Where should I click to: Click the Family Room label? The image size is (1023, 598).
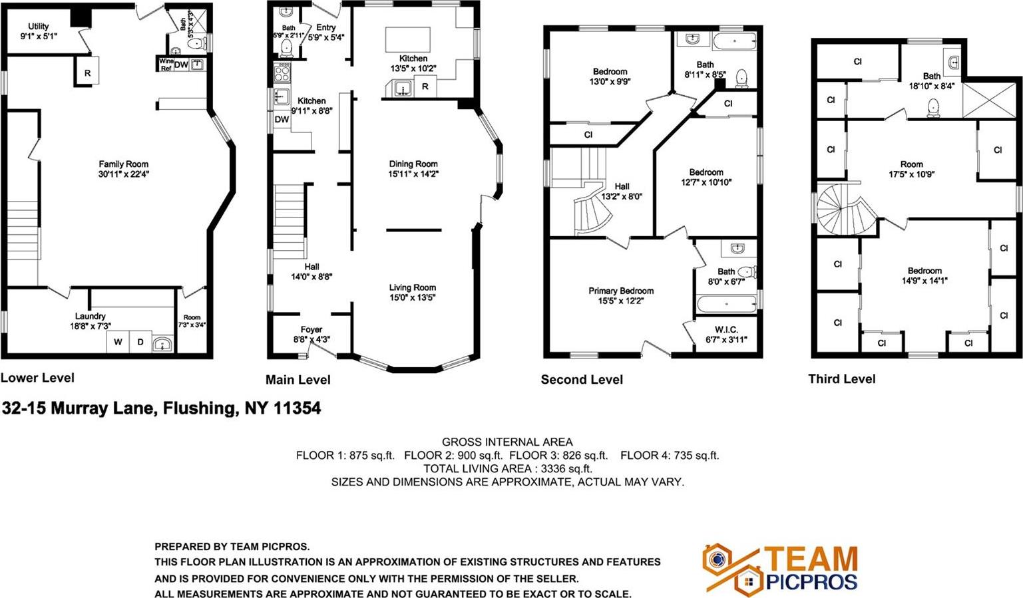pos(124,164)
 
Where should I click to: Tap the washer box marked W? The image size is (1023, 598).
pos(118,342)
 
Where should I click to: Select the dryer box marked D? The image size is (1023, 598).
pos(140,342)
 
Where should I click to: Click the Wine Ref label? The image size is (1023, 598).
pos(166,65)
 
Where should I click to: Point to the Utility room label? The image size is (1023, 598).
pos(39,27)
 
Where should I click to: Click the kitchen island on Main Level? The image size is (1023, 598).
pos(408,39)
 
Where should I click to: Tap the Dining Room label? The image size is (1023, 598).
pos(413,164)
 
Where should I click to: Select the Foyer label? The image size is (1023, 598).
pos(311,329)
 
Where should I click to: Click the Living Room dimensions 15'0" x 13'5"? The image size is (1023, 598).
pos(413,297)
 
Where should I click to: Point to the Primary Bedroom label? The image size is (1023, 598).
pos(621,291)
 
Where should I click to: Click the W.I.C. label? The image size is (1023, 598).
pos(726,329)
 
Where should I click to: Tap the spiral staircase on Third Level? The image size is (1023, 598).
pos(841,209)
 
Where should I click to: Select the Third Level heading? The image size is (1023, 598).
pos(842,379)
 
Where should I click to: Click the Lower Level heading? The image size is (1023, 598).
pos(37,378)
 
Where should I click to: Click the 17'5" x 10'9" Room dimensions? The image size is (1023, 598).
pos(912,174)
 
